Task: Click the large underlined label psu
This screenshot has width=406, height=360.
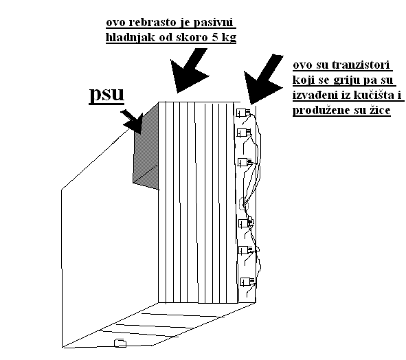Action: point(106,95)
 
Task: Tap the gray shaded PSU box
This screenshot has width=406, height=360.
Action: point(146,152)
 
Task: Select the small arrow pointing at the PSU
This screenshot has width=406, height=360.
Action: point(133,121)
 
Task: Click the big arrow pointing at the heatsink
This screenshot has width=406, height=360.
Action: point(189,70)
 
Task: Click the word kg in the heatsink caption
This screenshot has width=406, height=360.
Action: point(229,38)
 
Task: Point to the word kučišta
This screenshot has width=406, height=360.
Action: point(372,95)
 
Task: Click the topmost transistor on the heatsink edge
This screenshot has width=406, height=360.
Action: point(243,113)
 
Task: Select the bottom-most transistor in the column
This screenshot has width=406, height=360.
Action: point(247,282)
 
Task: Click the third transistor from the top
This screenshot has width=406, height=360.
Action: point(245,162)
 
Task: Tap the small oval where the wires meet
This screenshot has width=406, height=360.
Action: point(244,204)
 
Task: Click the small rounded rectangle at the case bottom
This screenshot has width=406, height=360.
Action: point(120,343)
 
